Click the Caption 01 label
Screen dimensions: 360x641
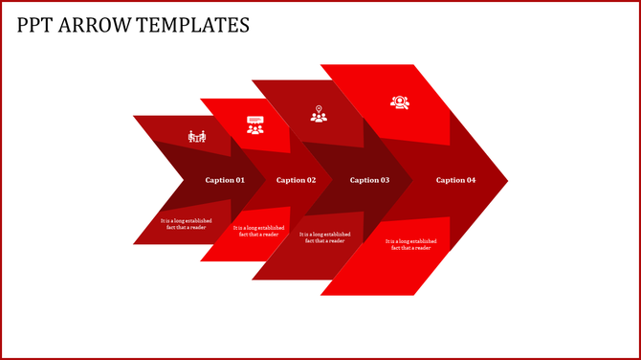pos(225,180)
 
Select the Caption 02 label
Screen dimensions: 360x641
pos(296,180)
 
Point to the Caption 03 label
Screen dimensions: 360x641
pos(369,180)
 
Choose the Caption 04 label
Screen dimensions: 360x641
pos(455,180)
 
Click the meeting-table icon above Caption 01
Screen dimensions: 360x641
pos(197,136)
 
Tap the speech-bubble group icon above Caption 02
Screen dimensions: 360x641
pos(255,124)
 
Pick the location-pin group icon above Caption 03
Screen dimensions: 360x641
pos(319,114)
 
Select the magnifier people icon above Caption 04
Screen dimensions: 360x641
pos(399,101)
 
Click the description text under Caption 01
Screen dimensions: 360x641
pos(187,223)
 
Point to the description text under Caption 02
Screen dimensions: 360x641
pos(258,231)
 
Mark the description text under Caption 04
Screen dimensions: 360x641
pos(410,244)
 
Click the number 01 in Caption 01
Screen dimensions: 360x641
pos(239,180)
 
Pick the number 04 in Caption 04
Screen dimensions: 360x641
pos(470,180)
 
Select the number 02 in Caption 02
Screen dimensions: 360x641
pos(310,180)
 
